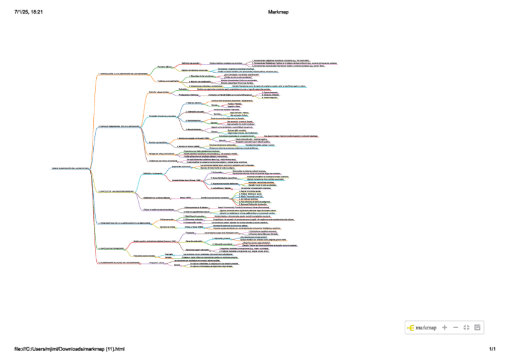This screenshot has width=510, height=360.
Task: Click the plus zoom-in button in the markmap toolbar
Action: point(444,328)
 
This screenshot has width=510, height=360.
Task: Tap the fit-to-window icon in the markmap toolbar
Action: point(466,328)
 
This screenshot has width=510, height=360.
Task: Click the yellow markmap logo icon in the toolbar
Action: point(411,328)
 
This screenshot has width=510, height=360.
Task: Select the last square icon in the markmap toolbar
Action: point(478,328)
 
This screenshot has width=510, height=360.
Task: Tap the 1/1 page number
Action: point(492,349)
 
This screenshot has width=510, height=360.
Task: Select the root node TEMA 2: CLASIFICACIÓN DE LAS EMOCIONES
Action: point(70,168)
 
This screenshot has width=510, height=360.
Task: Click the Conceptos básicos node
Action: point(165,67)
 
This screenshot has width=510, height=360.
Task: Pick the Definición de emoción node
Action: point(191,63)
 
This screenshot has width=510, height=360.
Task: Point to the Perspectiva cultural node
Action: point(157,263)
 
